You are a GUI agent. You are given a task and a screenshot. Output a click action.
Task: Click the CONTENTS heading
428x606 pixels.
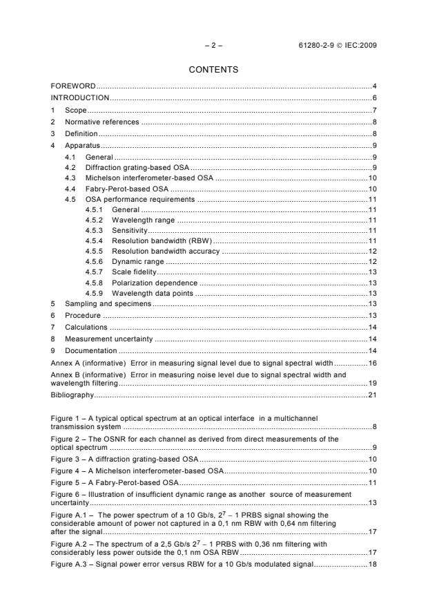[x=213, y=70]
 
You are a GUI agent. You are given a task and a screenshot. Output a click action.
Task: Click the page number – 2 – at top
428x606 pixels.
[x=214, y=46]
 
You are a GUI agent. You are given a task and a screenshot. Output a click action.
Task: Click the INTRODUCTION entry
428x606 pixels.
[x=80, y=97]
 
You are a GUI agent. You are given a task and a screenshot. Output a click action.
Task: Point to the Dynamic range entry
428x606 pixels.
[x=138, y=262]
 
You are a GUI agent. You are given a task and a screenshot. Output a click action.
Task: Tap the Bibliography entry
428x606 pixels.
[x=72, y=395]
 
